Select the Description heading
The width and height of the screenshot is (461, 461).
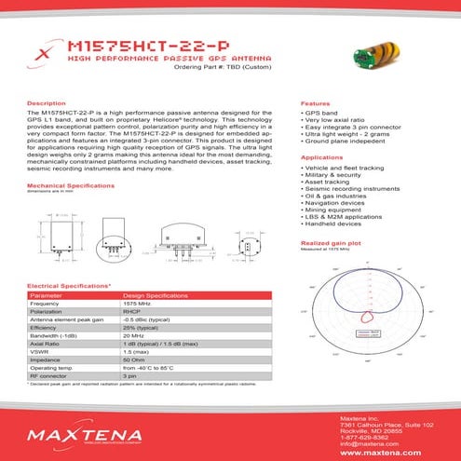click(x=47, y=102)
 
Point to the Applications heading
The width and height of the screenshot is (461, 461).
click(x=321, y=158)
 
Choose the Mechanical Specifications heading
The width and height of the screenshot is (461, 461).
click(x=71, y=186)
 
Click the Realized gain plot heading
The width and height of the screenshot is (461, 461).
click(x=332, y=242)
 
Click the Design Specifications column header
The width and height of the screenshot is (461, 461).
click(x=162, y=295)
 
